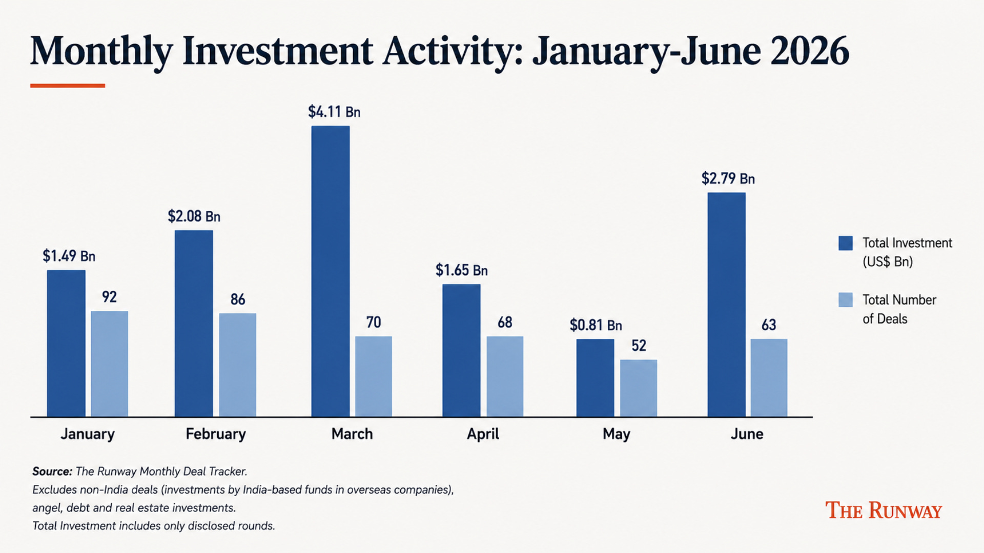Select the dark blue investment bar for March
point(331,271)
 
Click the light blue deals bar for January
point(110,364)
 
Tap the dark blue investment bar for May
point(595,378)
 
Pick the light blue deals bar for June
point(769,378)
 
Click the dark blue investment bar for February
point(194,323)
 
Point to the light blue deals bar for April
point(505,376)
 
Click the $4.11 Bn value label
point(334,112)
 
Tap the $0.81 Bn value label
point(596,325)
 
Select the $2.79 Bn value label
point(728,179)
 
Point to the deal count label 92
point(109,297)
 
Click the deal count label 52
point(639,346)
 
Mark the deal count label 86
point(238,299)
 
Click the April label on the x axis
point(483,434)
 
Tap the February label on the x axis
point(216,434)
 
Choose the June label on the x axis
point(747,434)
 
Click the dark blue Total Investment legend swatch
point(846,243)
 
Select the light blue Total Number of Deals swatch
point(846,300)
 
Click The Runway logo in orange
point(884,511)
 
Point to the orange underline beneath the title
point(68,86)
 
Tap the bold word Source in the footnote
point(52,471)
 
